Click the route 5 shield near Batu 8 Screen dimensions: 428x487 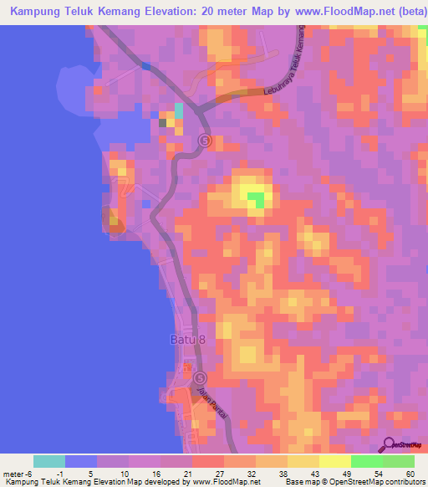tap(200, 378)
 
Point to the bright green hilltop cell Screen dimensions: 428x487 tap(256, 199)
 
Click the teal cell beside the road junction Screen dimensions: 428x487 tap(178, 112)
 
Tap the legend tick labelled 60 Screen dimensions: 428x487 tap(410, 474)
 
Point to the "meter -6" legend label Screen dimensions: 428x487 tap(18, 474)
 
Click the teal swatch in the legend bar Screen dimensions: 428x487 tap(49, 461)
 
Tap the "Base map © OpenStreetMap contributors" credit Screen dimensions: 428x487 tap(350, 483)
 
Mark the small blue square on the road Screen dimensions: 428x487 tap(147, 65)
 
